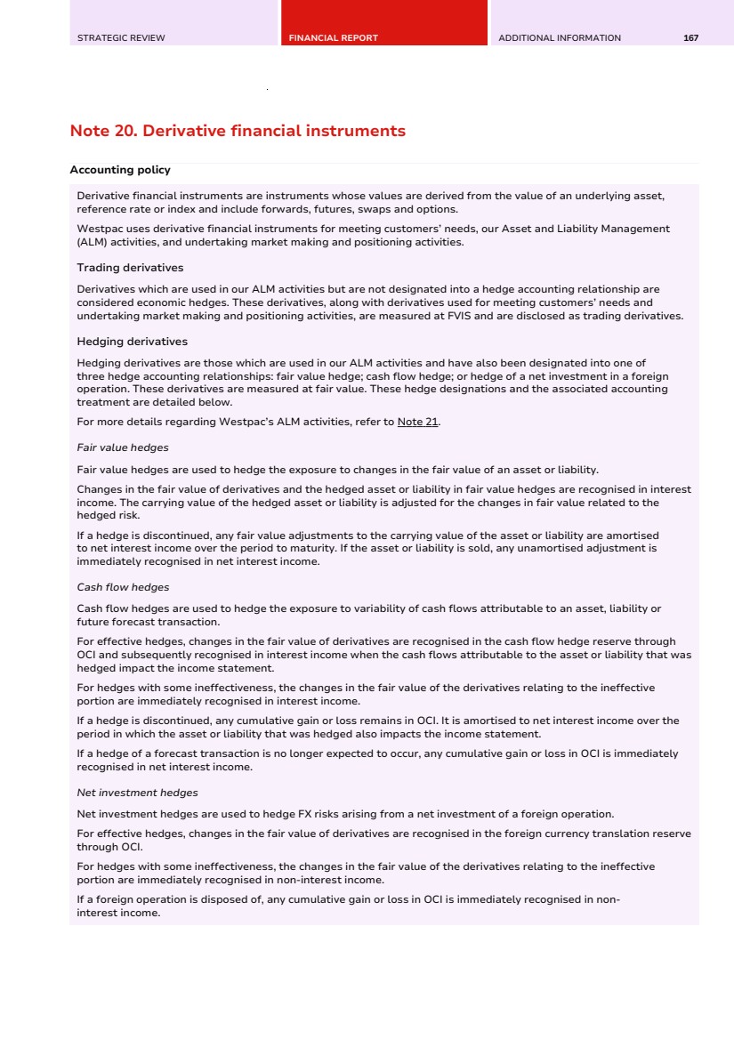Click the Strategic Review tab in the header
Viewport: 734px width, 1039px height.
click(x=121, y=38)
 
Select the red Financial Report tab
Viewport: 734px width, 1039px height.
click(x=334, y=38)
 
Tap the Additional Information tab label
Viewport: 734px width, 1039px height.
click(x=560, y=38)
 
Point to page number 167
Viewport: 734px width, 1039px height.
click(x=690, y=38)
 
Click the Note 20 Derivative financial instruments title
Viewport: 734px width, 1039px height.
click(x=238, y=131)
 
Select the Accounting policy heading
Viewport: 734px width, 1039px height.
click(x=120, y=170)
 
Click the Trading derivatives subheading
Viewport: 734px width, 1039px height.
click(x=130, y=268)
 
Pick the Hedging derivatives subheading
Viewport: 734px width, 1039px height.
click(x=132, y=342)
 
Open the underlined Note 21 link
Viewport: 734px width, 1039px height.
click(x=417, y=422)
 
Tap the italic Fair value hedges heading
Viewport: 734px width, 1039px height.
click(x=123, y=447)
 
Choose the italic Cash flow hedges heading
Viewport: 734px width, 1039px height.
click(x=123, y=587)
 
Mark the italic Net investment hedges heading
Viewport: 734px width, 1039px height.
click(x=137, y=793)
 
